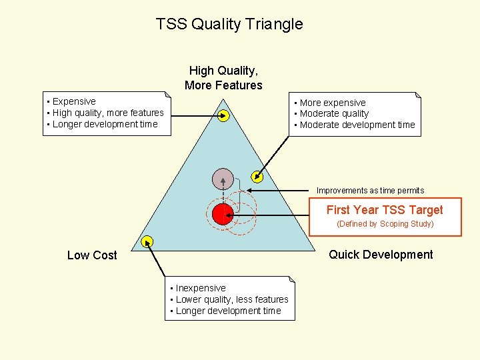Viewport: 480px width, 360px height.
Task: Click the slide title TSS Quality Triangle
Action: point(229,25)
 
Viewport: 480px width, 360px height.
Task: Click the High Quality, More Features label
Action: point(223,78)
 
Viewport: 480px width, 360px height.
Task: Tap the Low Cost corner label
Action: point(92,255)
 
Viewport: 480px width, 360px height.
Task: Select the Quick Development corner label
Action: point(381,255)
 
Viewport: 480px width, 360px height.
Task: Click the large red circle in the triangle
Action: point(222,214)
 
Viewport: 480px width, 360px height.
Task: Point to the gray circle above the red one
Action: point(223,179)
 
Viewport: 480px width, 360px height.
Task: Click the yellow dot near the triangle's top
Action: point(224,116)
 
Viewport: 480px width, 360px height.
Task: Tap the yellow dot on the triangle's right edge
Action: point(257,177)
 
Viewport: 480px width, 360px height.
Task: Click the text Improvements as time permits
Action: point(370,191)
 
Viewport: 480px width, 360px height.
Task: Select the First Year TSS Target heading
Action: point(385,210)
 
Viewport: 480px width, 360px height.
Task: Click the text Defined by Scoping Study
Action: point(385,224)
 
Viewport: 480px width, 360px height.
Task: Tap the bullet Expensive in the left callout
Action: point(73,102)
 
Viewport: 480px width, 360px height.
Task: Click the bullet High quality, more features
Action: point(107,113)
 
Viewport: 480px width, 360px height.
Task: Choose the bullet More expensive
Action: point(332,103)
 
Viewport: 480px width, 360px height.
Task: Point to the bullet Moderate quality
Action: point(333,113)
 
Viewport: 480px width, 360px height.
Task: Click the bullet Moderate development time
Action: point(357,125)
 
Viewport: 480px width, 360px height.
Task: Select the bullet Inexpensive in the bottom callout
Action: point(200,288)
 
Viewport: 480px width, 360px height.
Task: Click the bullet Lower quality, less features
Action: point(231,299)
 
